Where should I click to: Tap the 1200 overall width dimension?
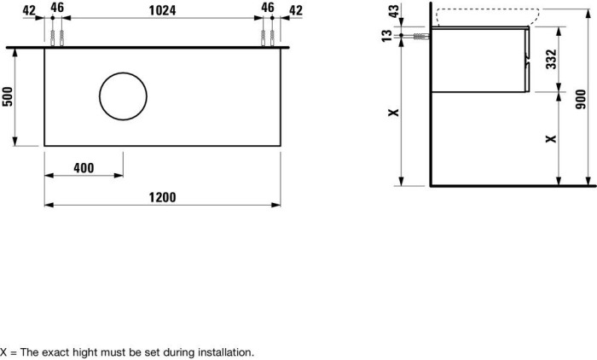coord(162,197)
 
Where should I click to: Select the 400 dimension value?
coord(84,168)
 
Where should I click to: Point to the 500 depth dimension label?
coord(8,97)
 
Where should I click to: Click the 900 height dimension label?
coord(582,100)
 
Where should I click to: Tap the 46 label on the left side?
coord(57,9)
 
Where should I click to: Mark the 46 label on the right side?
coord(267,9)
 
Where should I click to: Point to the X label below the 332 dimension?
coord(550,137)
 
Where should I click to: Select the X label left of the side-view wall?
coord(393,113)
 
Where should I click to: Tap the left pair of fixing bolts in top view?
coord(57,38)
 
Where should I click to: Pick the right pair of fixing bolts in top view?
coord(267,38)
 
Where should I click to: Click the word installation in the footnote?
coord(225,351)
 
